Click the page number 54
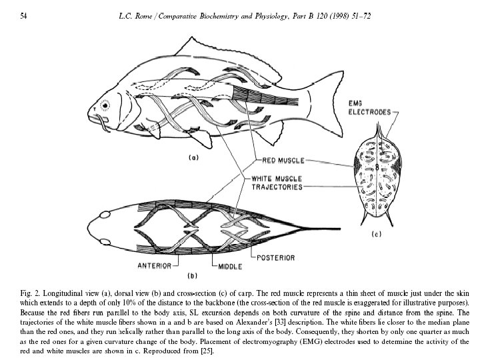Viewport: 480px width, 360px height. tap(23, 15)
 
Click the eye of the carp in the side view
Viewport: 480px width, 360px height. tap(105, 105)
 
